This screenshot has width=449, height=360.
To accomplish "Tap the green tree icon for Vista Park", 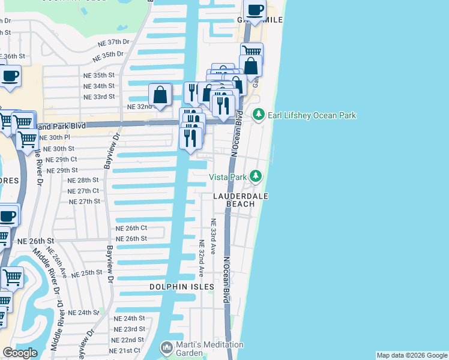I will [256, 176].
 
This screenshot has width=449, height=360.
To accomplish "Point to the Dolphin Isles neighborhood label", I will [182, 287].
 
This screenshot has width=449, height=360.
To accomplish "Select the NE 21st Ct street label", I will [125, 350].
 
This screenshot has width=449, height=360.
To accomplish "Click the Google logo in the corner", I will [20, 353].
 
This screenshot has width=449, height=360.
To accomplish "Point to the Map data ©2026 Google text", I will [411, 355].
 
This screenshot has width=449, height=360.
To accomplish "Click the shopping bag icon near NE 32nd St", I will [160, 95].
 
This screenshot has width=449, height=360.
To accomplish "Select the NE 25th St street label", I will [87, 273].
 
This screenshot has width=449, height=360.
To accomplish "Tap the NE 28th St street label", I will [83, 180].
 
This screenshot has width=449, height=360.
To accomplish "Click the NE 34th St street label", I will [98, 86].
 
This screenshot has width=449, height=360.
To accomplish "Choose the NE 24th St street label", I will [130, 318].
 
